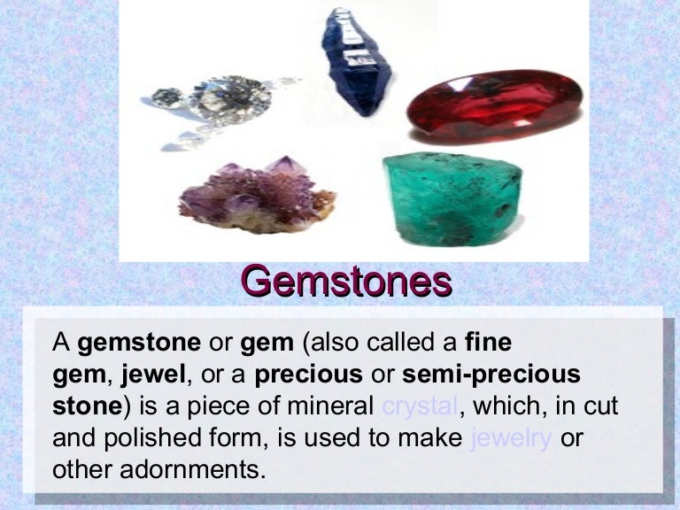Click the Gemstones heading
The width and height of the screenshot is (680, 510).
346,281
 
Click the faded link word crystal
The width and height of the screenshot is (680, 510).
419,406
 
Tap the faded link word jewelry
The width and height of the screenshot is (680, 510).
511,437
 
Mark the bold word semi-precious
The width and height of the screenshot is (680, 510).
491,375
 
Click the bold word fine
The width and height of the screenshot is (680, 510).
488,342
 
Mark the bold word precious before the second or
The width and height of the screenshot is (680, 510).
308,375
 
